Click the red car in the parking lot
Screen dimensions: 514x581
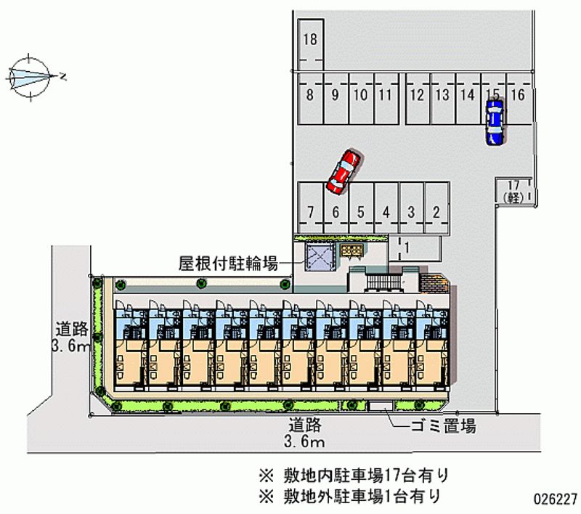pyautogui.click(x=344, y=172)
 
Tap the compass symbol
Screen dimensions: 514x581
pyautogui.click(x=31, y=74)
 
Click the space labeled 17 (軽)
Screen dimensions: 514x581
pyautogui.click(x=514, y=192)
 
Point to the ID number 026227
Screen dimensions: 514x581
pyautogui.click(x=555, y=499)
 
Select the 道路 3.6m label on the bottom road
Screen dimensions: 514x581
pyautogui.click(x=306, y=433)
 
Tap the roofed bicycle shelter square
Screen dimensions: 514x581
pyautogui.click(x=317, y=256)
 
